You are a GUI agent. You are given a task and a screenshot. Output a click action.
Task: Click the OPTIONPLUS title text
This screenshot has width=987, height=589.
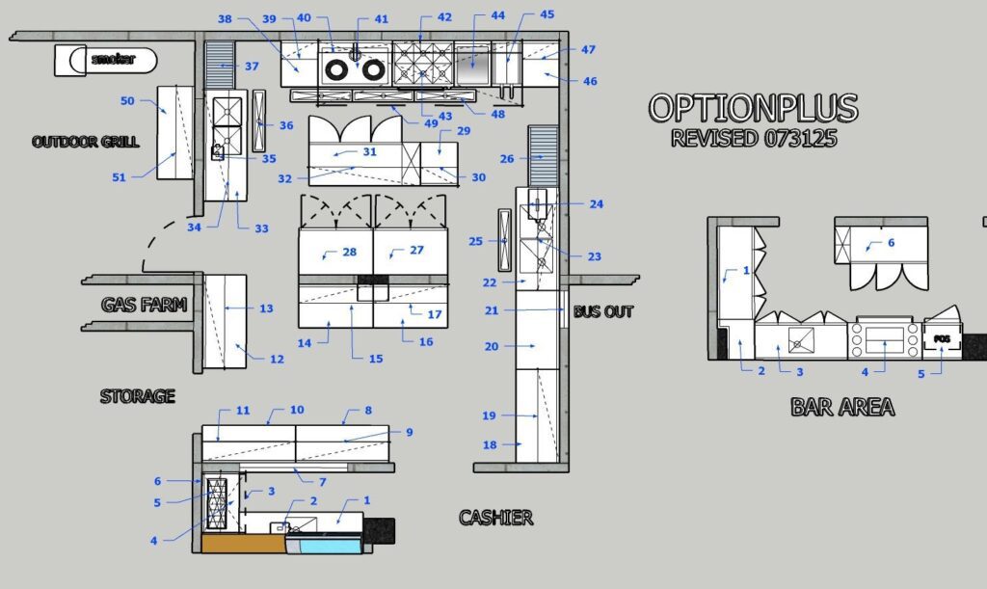753,108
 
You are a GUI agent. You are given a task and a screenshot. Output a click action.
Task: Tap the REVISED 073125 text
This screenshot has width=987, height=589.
753,138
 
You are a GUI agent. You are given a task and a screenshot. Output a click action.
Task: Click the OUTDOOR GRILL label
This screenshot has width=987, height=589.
86,142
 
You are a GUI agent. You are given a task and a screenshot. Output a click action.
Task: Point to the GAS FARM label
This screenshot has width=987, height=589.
144,306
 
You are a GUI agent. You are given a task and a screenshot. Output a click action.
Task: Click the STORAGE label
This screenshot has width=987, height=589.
138,395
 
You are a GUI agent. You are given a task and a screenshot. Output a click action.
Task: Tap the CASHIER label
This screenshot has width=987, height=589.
495,518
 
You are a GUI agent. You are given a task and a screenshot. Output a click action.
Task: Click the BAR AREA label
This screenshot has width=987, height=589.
842,407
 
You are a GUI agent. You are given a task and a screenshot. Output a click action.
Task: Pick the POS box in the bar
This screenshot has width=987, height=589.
942,339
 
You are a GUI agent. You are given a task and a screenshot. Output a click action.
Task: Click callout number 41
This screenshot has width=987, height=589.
381,19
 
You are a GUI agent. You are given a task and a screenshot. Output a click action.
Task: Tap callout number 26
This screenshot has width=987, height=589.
507,159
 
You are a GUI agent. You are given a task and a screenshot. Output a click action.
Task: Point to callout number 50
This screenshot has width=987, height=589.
127,100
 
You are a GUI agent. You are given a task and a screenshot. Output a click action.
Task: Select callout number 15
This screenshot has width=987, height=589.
375,359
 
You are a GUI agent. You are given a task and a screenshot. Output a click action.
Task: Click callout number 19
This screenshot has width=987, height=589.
489,415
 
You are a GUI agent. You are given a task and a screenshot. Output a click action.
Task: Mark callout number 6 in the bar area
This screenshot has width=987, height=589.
890,243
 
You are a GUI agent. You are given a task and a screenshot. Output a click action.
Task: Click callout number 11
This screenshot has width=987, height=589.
243,411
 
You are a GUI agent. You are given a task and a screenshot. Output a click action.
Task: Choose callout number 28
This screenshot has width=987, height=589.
349,252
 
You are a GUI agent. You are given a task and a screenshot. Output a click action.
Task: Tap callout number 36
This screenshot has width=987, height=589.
286,125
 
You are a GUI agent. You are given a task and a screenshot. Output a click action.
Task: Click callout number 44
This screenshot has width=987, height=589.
497,16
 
